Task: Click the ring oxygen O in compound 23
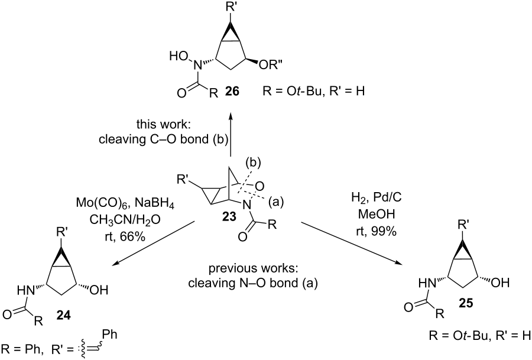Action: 269,189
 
